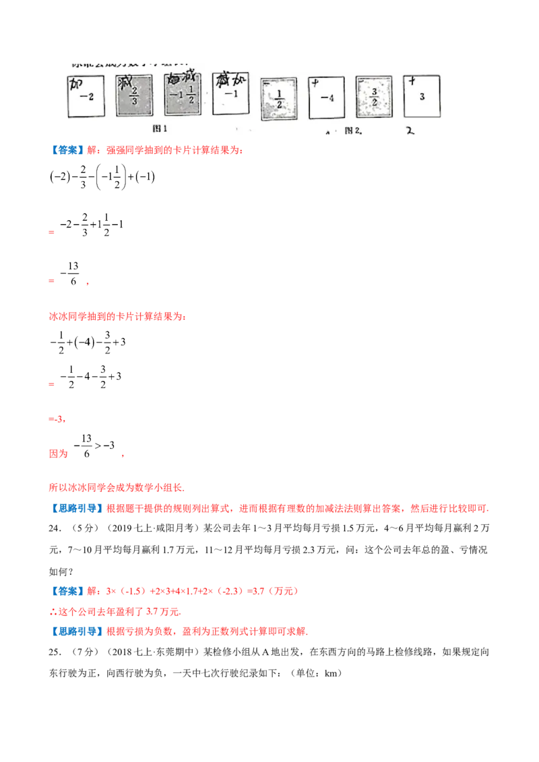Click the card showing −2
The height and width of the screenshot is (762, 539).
coord(86,95)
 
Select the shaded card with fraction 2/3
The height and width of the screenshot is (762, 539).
coord(135,96)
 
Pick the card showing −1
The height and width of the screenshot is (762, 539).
coord(230,94)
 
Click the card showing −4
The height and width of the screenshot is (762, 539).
coord(326,98)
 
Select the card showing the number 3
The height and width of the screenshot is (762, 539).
coord(422,96)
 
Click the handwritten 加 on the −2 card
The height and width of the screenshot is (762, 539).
coord(77,84)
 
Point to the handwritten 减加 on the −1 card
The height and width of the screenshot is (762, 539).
coord(229,79)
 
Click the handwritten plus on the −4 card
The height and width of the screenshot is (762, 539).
coord(315,83)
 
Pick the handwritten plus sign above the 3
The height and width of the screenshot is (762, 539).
coord(411,81)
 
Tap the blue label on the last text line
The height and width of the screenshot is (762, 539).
coord(75,633)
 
